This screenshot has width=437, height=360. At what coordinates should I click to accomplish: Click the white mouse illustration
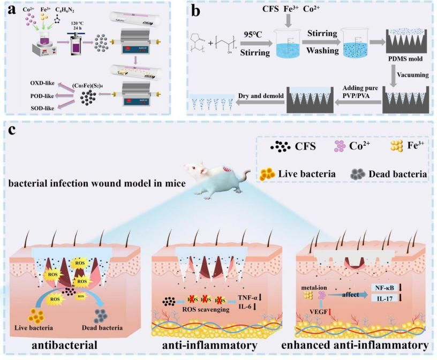[x=220, y=185]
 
